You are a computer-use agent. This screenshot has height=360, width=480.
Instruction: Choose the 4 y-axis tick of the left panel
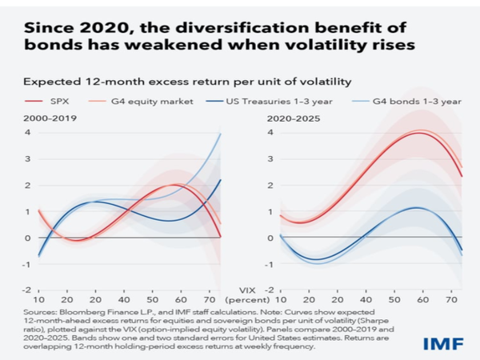[28, 133]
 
